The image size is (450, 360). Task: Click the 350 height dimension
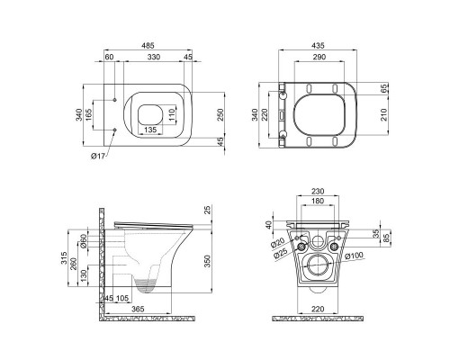[209, 261]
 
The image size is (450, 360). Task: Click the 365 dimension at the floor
[135, 309]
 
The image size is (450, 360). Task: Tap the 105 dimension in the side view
[124, 298]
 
